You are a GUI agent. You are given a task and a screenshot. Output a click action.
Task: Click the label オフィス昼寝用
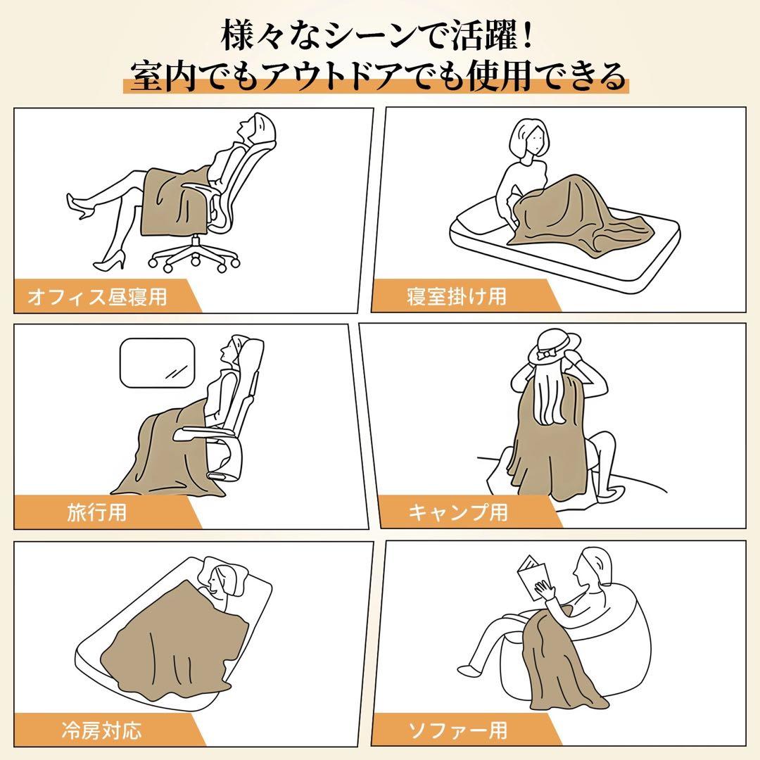point(97,296)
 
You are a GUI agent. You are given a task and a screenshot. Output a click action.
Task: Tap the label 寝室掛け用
point(457,296)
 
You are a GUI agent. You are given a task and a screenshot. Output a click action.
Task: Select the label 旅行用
point(97,512)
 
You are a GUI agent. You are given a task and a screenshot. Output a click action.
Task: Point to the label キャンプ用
point(458,512)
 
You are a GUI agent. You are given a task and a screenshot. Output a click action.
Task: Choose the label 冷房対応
point(102,730)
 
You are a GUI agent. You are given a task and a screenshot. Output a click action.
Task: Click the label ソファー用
point(458,730)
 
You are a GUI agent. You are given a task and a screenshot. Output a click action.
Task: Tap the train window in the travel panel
point(157,363)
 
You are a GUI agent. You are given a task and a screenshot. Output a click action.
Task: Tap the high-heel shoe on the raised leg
point(80,206)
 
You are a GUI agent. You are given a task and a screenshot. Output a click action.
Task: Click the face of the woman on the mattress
point(533,141)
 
